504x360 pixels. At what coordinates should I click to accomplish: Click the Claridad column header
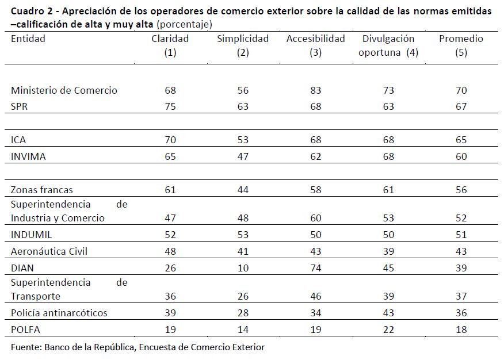(170, 39)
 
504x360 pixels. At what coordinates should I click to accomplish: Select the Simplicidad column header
(243, 39)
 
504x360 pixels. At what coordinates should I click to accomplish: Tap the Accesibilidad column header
(315, 39)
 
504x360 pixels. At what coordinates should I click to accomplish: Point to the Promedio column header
(461, 39)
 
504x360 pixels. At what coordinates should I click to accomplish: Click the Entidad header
(28, 39)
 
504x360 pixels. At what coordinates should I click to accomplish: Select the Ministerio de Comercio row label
(64, 90)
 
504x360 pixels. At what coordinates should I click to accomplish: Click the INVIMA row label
(28, 156)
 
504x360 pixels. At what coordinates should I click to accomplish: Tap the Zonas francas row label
(42, 190)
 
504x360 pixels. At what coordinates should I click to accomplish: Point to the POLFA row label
(25, 330)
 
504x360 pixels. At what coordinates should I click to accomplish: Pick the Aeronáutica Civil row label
(49, 252)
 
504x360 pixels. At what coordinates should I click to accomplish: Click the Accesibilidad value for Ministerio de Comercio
(315, 90)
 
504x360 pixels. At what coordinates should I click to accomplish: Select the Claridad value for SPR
(170, 106)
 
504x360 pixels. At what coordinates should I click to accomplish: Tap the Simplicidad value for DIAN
(243, 267)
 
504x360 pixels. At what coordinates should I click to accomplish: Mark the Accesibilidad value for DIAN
(315, 267)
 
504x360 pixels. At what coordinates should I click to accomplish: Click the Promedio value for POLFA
(461, 330)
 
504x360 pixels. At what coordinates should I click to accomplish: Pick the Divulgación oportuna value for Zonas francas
(388, 190)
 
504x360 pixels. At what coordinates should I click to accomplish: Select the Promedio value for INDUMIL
(461, 235)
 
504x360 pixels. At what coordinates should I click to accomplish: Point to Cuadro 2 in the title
(29, 12)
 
